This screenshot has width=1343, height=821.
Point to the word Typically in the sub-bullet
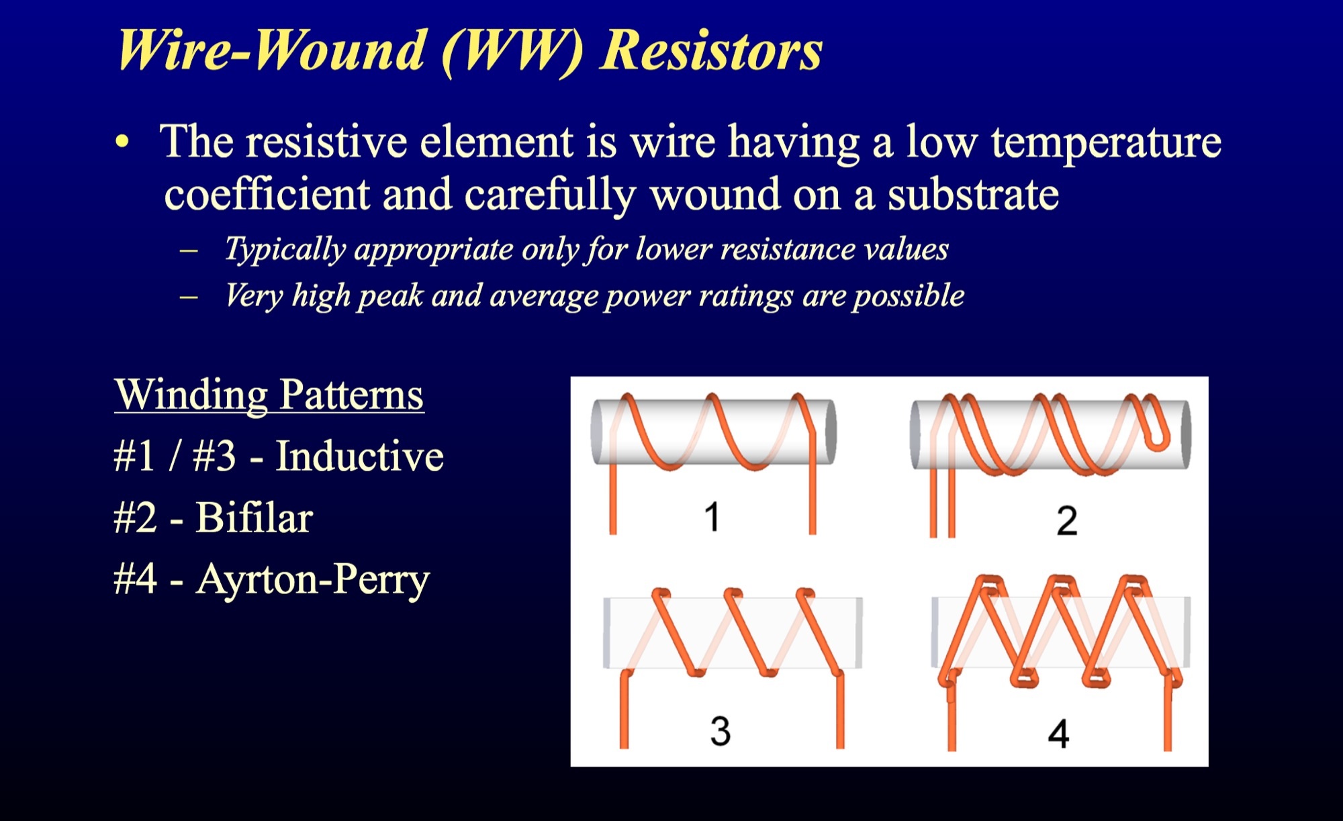pos(285,250)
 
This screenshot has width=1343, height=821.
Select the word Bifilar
pos(254,518)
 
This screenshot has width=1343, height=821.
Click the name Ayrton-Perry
pos(313,580)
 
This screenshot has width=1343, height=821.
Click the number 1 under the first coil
pos(712,516)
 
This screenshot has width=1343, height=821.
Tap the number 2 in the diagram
pos(1067,521)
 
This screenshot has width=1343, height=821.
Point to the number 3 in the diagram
pos(721,730)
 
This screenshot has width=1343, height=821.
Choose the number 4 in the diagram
pos(1058,733)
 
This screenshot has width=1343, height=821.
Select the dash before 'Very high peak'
pos(189,296)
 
